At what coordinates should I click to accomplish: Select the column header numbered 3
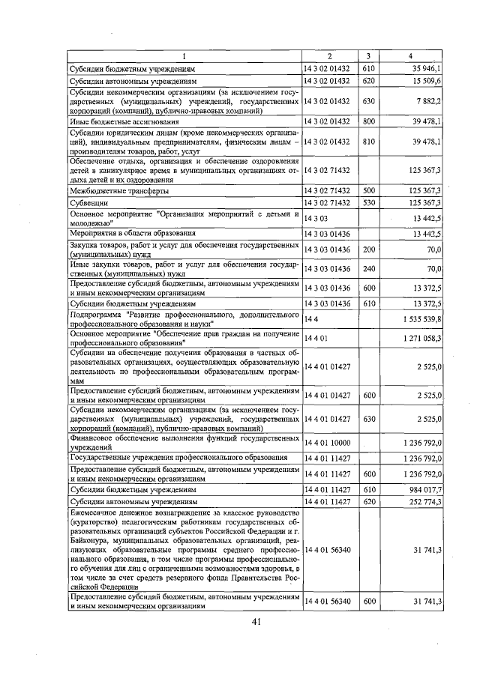tap(368, 56)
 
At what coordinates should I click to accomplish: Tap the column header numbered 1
tap(184, 56)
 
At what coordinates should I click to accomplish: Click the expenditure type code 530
tap(368, 202)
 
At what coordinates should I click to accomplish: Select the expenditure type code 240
tap(368, 268)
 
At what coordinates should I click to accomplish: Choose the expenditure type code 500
tap(368, 191)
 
